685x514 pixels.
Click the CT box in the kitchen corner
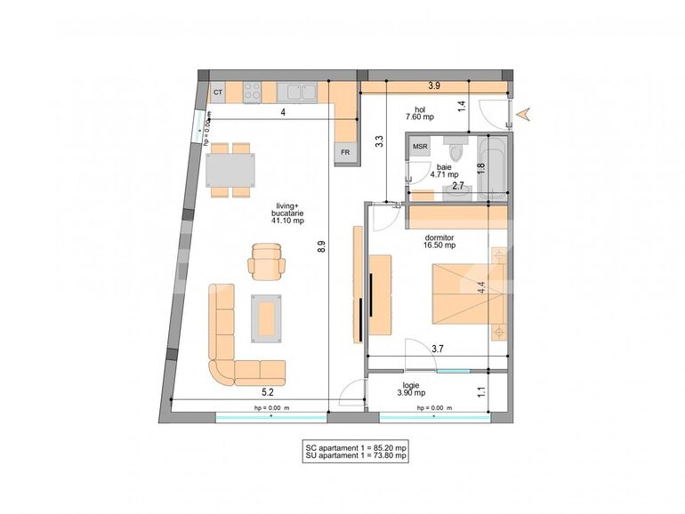(217, 92)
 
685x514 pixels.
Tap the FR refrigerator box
(344, 153)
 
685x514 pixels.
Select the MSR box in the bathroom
(420, 147)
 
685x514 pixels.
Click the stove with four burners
(252, 91)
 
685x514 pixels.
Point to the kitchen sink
(297, 91)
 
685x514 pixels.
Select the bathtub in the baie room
(492, 167)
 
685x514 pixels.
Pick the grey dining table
(230, 168)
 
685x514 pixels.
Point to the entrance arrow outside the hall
(526, 113)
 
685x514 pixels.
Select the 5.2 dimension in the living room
(267, 391)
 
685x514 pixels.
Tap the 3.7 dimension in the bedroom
(438, 349)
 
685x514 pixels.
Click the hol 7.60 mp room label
(420, 113)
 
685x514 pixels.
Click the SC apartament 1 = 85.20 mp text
(355, 447)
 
